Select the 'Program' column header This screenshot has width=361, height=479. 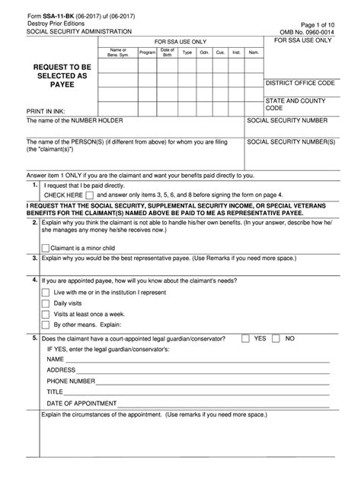pos(147,52)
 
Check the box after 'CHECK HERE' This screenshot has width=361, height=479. pos(90,195)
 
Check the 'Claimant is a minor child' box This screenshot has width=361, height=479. pos(45,247)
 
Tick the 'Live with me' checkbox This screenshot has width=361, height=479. pos(45,292)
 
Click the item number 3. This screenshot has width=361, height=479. pos(35,258)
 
